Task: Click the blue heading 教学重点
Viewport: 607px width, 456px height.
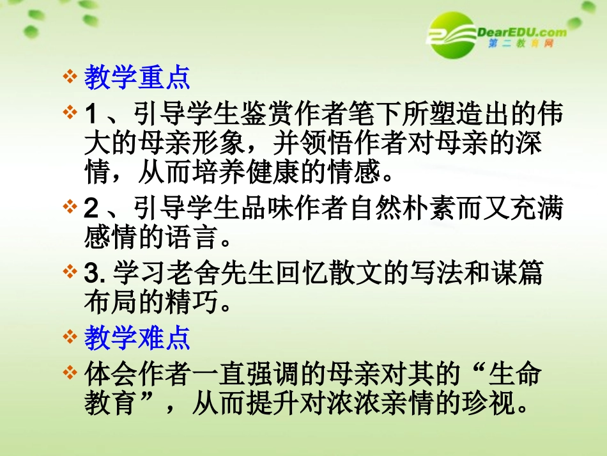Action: (x=137, y=79)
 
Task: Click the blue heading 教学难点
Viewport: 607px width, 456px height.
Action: (x=137, y=339)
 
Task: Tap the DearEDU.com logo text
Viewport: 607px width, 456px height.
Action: (x=521, y=31)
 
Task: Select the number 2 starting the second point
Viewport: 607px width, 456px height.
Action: (x=91, y=208)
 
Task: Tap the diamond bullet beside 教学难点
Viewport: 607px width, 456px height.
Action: (x=70, y=338)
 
